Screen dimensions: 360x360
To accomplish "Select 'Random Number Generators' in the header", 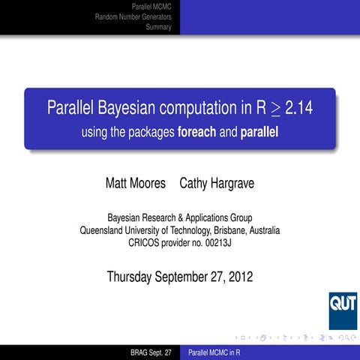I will (x=133, y=16).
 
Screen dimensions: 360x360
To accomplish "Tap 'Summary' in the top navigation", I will (x=159, y=27).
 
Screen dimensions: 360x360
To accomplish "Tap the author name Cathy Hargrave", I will (x=214, y=182).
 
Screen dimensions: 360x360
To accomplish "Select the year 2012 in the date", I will (x=239, y=277).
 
